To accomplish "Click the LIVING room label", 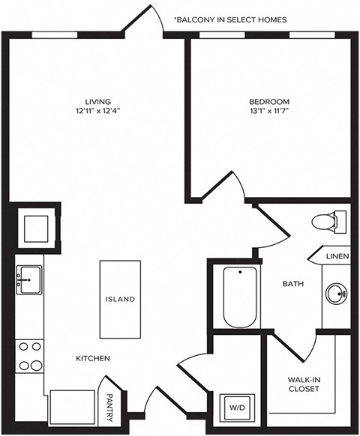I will [97, 102].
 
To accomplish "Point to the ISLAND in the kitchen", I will [120, 299].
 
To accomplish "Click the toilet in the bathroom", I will [328, 222].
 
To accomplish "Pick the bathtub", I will [240, 297].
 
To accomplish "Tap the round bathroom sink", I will [335, 294].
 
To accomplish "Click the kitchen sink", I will [29, 279].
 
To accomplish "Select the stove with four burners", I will [30, 356].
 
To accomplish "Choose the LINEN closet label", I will [337, 257].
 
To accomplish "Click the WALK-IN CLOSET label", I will [304, 384].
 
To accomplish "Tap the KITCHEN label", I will [93, 359].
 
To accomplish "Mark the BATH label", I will [292, 284].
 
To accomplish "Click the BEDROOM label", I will [268, 102].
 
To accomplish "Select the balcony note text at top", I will [229, 19].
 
